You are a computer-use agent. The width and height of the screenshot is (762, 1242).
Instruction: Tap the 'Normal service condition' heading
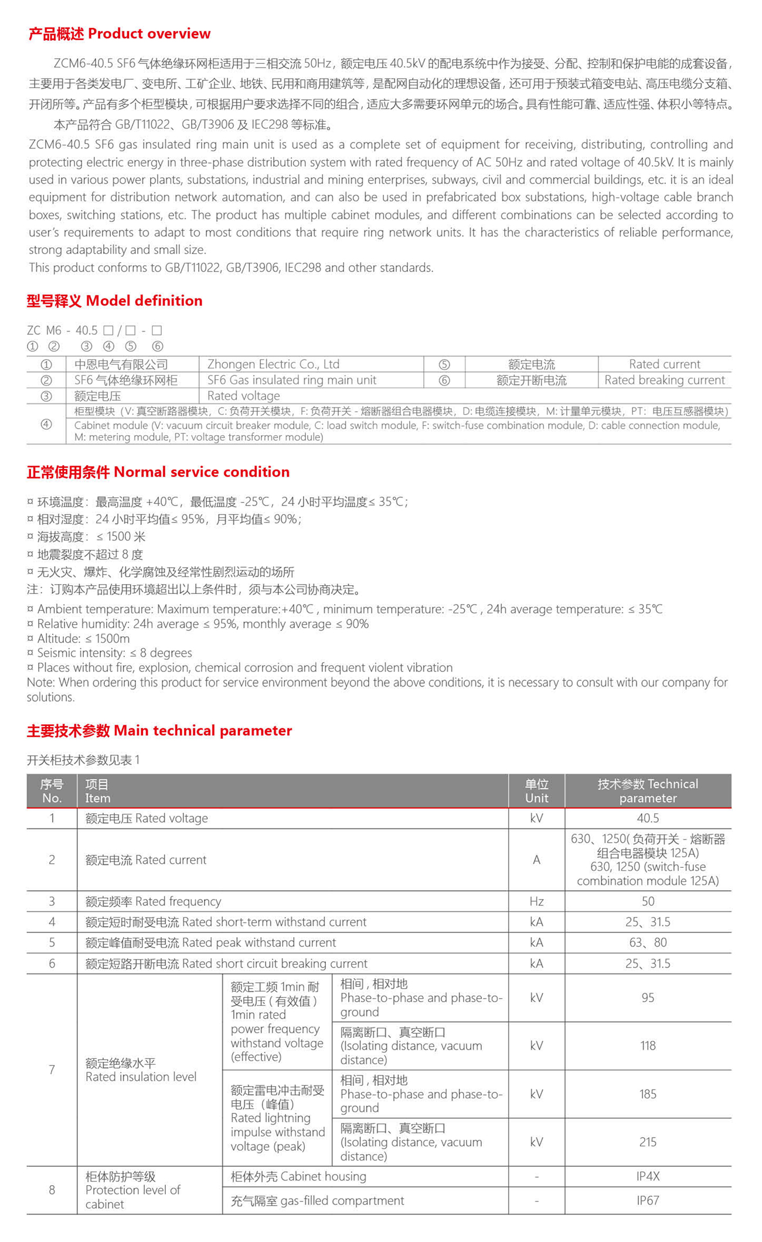pyautogui.click(x=158, y=472)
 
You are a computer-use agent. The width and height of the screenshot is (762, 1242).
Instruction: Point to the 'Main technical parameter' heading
pyautogui.click(x=159, y=731)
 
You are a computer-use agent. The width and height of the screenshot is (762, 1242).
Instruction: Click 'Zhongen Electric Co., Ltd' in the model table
pyautogui.click(x=273, y=364)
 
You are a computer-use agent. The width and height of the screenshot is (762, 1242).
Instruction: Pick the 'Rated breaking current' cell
pyautogui.click(x=664, y=380)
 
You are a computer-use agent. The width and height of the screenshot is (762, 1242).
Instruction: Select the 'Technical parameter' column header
pyautogui.click(x=648, y=791)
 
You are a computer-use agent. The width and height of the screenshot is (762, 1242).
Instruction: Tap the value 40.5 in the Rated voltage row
pyautogui.click(x=648, y=818)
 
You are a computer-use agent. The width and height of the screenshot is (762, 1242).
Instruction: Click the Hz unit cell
pyautogui.click(x=536, y=901)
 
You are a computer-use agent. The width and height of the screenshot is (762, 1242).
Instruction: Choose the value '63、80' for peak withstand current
pyautogui.click(x=648, y=942)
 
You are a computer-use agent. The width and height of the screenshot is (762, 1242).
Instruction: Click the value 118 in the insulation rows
pyautogui.click(x=648, y=1046)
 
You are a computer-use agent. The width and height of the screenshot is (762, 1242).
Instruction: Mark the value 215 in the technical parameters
pyautogui.click(x=648, y=1142)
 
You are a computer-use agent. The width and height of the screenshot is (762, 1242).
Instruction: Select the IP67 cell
pyautogui.click(x=648, y=1200)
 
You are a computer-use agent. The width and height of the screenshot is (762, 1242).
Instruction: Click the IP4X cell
pyautogui.click(x=648, y=1176)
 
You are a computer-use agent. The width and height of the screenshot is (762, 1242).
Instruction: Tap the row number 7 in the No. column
pyautogui.click(x=52, y=1070)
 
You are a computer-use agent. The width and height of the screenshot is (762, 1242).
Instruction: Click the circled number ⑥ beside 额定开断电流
pyautogui.click(x=444, y=381)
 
